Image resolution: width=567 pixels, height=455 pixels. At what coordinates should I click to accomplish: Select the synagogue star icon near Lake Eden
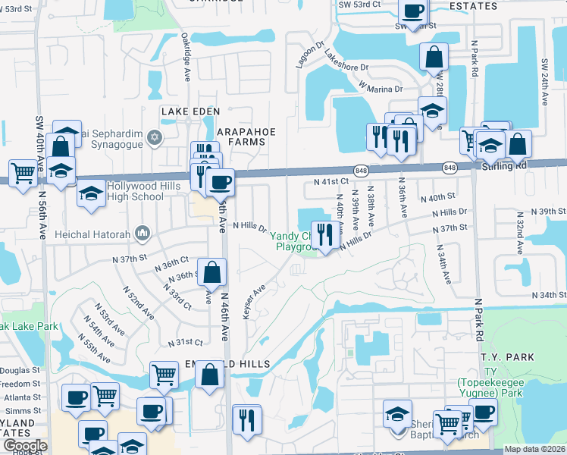(155, 137)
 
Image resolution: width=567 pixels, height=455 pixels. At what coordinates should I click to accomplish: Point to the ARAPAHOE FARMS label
(246, 131)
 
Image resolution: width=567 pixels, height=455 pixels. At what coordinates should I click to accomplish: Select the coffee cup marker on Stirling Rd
(220, 183)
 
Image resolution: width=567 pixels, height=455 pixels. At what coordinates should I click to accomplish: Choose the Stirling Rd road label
(503, 165)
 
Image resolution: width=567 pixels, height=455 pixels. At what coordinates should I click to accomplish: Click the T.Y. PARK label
(506, 357)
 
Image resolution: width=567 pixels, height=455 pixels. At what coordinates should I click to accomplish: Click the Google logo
(25, 446)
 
